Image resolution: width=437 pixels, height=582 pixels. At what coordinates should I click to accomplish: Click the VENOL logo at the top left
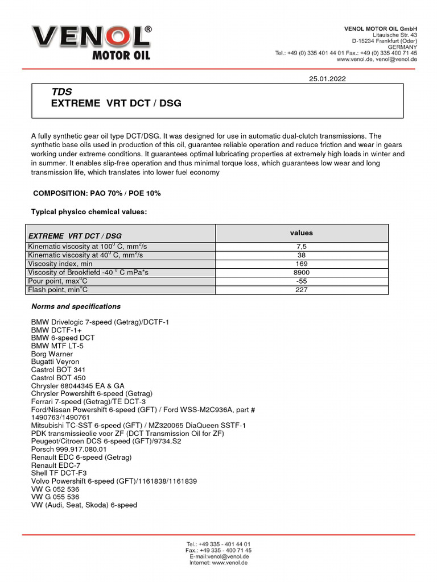[x=91, y=43]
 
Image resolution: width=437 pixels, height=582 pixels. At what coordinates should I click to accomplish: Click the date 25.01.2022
[x=327, y=79]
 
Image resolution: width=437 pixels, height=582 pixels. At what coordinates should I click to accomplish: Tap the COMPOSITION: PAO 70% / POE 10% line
[x=97, y=193]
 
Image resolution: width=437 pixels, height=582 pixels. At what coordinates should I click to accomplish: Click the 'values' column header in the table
[x=301, y=233]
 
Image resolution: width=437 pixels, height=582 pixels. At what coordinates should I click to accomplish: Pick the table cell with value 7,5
[x=301, y=246]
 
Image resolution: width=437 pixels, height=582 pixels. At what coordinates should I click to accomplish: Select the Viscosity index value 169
[x=301, y=264]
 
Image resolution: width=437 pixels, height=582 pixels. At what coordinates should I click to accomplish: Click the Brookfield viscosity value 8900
[x=301, y=273]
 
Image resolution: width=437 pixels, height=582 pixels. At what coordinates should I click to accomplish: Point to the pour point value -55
[x=301, y=281]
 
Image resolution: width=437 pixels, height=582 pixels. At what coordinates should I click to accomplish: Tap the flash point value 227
[x=301, y=290]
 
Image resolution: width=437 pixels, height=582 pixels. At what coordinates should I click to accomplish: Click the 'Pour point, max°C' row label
[x=57, y=281]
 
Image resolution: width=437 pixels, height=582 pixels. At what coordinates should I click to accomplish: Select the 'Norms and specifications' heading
[x=76, y=306]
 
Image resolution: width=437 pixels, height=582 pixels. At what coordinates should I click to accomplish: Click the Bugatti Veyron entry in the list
[x=55, y=361]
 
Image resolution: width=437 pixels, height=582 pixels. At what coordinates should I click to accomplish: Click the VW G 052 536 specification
[x=55, y=489]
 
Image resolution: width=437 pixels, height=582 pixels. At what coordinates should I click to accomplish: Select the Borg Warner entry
[x=52, y=354]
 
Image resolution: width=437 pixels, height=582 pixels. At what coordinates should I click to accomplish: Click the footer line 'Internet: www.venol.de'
[x=218, y=563]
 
